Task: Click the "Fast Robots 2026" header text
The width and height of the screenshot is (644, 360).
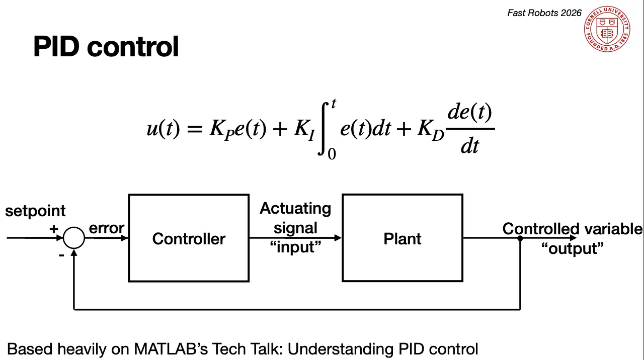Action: tap(544, 13)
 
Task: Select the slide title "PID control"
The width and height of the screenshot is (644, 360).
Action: tap(106, 47)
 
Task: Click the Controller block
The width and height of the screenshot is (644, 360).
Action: tap(189, 238)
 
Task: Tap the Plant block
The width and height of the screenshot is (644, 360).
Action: tap(402, 238)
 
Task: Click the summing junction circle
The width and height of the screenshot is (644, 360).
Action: tap(74, 238)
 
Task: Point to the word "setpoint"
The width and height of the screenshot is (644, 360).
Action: tap(35, 211)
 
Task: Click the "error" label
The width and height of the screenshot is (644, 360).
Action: tap(106, 228)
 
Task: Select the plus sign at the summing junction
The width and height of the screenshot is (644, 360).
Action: tap(54, 229)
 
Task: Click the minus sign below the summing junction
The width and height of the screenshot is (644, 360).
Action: tap(61, 255)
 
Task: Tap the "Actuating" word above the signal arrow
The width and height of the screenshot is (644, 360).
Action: tap(295, 208)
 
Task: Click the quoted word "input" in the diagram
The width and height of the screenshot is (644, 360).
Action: tap(295, 247)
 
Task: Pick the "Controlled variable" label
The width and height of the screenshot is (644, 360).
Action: tap(572, 229)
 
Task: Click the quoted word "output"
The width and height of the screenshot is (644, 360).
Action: tap(572, 248)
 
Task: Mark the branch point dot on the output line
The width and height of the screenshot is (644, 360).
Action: tap(520, 238)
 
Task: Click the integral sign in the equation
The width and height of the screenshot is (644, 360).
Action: tap(325, 129)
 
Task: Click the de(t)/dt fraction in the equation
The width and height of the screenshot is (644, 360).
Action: tap(470, 129)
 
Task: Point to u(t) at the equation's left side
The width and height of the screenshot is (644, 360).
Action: tap(163, 129)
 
